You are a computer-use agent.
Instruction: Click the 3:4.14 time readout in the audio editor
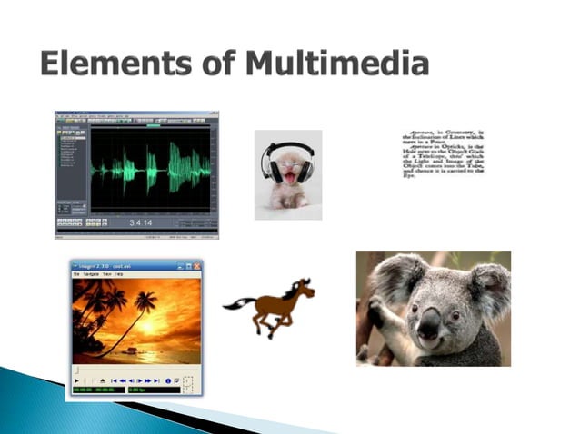tap(142, 222)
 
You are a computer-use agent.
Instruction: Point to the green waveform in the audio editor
tap(150, 169)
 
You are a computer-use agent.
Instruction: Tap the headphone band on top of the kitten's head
tap(288, 146)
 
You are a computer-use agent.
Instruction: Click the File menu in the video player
tap(76, 274)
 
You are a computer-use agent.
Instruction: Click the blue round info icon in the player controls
tap(167, 380)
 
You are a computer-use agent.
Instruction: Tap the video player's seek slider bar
tap(127, 370)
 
